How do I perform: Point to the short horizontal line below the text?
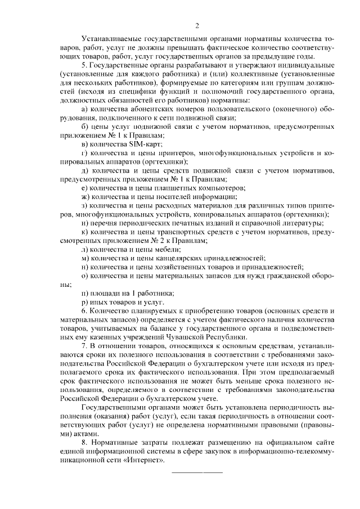coord(196,471)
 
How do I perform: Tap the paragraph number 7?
coord(84,345)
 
